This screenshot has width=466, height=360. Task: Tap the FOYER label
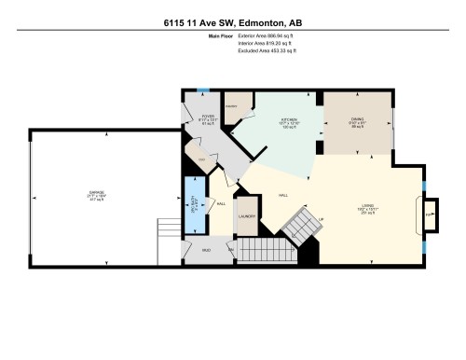(x=207, y=118)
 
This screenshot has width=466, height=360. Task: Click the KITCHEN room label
(x=288, y=121)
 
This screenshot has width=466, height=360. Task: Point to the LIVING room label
(x=369, y=207)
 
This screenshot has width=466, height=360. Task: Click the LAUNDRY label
(x=246, y=216)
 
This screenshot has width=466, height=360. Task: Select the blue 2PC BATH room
(x=195, y=204)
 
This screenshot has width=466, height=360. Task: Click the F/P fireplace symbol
(x=429, y=214)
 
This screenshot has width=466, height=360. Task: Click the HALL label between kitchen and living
(x=281, y=196)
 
